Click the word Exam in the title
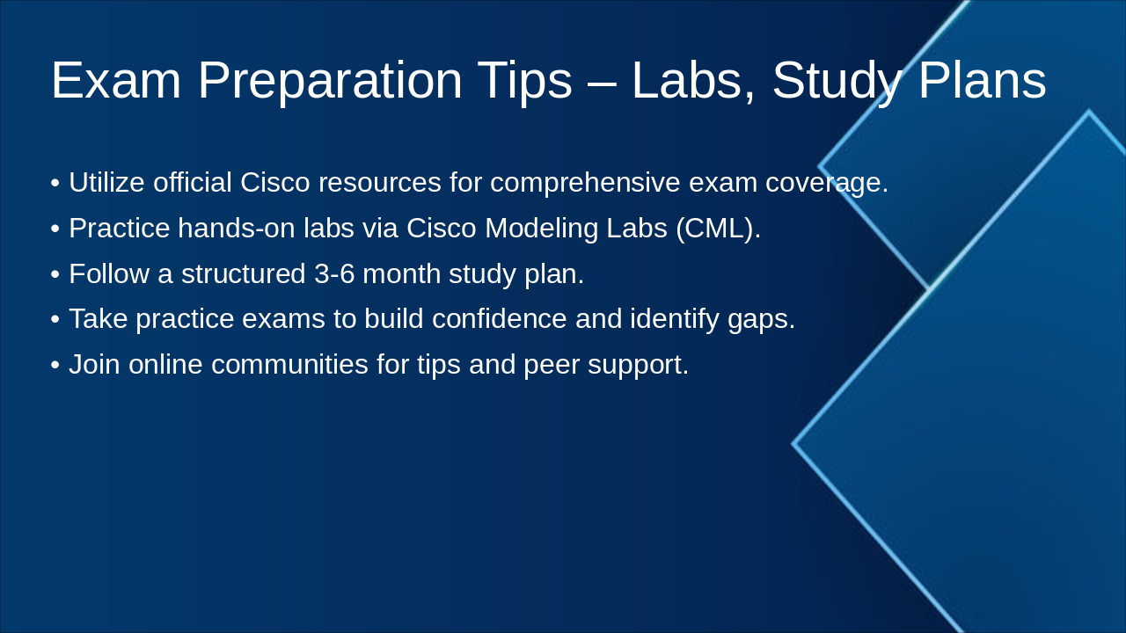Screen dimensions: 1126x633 pos(116,80)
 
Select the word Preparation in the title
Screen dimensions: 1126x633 pos(330,83)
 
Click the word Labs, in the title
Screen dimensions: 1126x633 pos(693,82)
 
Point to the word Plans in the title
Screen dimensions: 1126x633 pos(983,80)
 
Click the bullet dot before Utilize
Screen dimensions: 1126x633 pos(55,183)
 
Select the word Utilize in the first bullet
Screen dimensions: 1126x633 pos(106,182)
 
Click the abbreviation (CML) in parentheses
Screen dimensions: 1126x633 pos(719,229)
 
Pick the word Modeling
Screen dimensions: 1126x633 pos(541,229)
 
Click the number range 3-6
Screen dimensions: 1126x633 pos(335,274)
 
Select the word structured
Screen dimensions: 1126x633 pos(244,273)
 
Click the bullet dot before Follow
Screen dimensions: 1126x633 pos(55,275)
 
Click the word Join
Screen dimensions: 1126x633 pos(94,364)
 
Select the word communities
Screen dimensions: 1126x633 pos(289,364)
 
